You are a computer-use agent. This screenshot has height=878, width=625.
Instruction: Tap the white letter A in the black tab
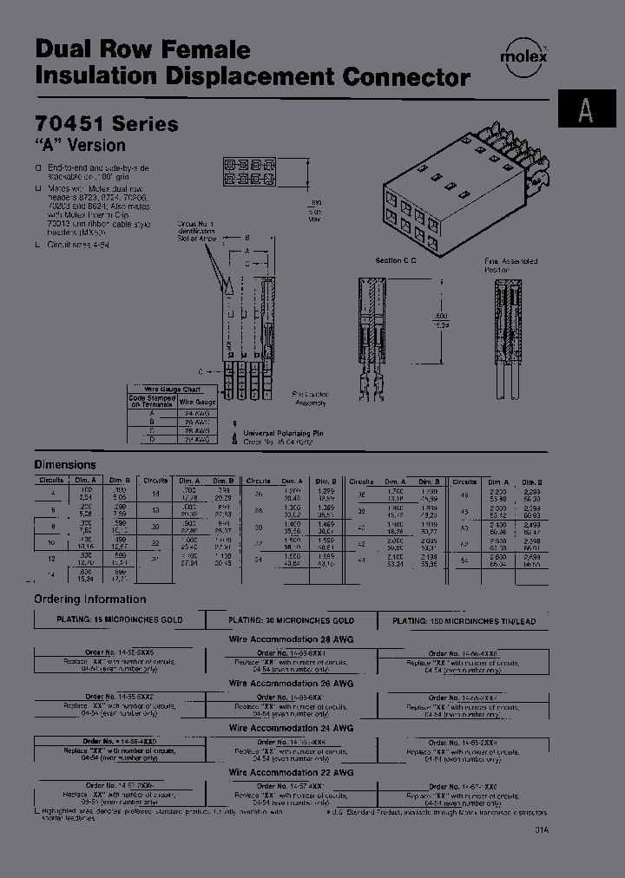tap(586, 110)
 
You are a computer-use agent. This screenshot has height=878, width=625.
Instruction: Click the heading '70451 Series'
tap(106, 124)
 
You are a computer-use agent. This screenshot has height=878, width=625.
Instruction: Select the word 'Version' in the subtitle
tap(96, 146)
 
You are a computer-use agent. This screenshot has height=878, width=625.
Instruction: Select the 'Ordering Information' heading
tap(90, 599)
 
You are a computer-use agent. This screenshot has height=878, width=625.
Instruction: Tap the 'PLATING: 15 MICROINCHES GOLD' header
tap(120, 621)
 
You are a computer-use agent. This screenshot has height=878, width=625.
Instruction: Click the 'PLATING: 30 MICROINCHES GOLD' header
tap(291, 621)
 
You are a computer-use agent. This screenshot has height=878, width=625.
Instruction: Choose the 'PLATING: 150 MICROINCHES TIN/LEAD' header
tap(464, 621)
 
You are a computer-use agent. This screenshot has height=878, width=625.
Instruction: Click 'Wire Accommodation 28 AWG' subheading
tap(291, 639)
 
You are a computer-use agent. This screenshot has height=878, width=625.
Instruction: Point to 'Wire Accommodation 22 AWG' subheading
tap(291, 772)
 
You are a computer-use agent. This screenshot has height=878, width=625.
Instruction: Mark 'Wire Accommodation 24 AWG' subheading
tap(291, 728)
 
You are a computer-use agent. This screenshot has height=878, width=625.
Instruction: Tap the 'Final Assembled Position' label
tap(510, 265)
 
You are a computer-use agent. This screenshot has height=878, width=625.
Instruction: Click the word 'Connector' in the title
tap(406, 76)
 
